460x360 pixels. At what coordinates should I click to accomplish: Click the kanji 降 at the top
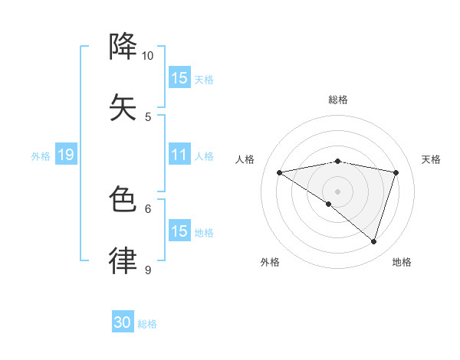click(123, 47)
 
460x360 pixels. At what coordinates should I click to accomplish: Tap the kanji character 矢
click(123, 106)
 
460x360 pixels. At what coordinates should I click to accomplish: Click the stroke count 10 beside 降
click(148, 56)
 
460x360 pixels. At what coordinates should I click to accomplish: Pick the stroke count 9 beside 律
click(148, 270)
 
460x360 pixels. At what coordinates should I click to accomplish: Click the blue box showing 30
click(123, 322)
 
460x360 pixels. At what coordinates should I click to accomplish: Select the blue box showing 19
click(66, 155)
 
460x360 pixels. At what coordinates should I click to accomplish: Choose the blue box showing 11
click(179, 155)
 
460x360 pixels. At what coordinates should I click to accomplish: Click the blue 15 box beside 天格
click(179, 78)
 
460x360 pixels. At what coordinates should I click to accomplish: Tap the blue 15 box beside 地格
click(179, 231)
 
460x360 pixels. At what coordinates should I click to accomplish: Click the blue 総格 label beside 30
click(147, 324)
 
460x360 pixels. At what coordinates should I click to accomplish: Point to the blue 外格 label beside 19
click(41, 155)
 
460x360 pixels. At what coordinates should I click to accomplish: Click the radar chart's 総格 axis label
click(338, 100)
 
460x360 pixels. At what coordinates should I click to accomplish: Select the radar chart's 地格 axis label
click(402, 262)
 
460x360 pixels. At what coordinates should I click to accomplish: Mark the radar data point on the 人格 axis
click(280, 172)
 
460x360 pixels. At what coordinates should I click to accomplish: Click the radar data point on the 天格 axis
click(396, 172)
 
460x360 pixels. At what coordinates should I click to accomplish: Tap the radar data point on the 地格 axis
click(373, 241)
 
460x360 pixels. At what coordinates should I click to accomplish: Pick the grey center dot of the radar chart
click(338, 191)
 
